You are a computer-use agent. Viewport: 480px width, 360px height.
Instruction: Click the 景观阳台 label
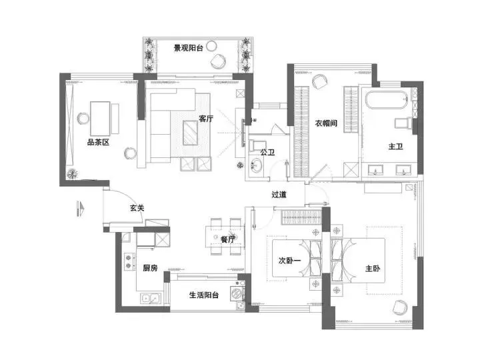coord(189,48)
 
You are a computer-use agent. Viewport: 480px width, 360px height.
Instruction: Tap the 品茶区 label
coord(98,142)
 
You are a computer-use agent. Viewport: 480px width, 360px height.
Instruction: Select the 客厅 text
coord(206,119)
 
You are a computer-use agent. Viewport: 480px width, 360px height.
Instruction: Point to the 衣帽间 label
coord(326,123)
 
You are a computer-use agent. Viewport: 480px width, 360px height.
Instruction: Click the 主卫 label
coord(395,146)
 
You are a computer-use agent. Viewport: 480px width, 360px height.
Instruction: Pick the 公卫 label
coord(267,152)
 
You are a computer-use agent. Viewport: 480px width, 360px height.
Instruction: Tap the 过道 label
coord(279,194)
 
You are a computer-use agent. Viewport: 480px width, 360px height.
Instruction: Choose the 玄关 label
coord(137,208)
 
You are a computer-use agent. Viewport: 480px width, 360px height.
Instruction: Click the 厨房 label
coord(150,268)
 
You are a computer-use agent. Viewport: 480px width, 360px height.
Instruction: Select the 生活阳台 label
coord(204,295)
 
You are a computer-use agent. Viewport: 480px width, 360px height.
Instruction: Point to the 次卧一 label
coord(289,261)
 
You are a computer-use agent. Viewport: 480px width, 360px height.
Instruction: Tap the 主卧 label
coord(373,269)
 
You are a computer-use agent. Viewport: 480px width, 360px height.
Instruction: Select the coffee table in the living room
coord(191,133)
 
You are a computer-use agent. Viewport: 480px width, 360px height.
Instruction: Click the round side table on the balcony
coord(211,46)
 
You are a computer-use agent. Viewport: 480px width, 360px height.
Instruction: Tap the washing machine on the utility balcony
coord(236,293)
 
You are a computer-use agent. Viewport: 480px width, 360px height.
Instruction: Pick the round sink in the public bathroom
coord(256,165)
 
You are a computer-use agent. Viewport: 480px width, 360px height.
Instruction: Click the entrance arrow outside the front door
coord(80,209)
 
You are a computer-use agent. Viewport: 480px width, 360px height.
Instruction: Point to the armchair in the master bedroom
coord(400,307)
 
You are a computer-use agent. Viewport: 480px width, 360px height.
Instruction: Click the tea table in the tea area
coord(100,119)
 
